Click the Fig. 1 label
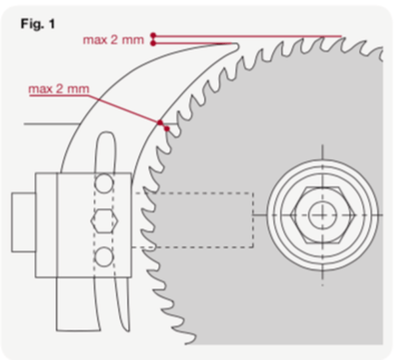(x=38, y=25)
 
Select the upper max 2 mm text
(x=113, y=40)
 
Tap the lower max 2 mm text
(x=59, y=88)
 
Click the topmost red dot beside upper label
(x=153, y=35)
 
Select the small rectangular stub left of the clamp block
(x=23, y=220)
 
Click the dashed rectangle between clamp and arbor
(x=197, y=220)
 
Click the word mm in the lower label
(x=78, y=88)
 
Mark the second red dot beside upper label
(x=153, y=43)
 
